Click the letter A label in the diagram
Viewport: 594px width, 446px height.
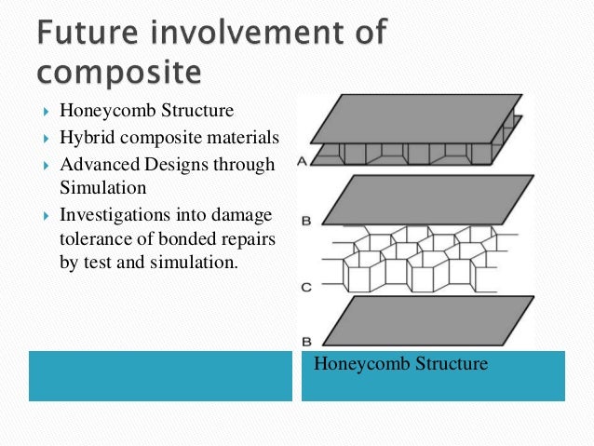click(x=302, y=161)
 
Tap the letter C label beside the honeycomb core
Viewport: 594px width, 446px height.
click(x=305, y=288)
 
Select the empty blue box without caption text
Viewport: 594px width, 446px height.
click(x=160, y=375)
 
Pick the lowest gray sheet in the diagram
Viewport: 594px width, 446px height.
click(x=428, y=321)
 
